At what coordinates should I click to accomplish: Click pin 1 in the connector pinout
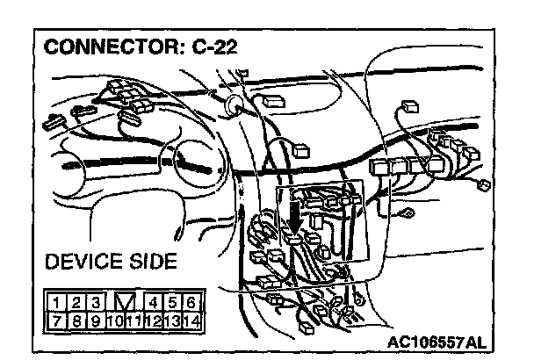pos(55,305)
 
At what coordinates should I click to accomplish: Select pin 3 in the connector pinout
pos(93,305)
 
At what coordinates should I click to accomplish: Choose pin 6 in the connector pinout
pos(191,305)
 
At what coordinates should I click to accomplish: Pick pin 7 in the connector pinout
pos(55,321)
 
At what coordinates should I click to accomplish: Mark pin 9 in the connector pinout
pos(93,321)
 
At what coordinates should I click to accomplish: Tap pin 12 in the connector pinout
pos(153,321)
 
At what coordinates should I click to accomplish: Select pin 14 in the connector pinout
pos(191,321)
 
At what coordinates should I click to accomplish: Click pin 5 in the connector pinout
pos(172,305)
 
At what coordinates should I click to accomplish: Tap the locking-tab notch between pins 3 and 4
pos(123,305)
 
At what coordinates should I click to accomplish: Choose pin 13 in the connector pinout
pos(171,321)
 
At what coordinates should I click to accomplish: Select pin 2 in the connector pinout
pos(74,305)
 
